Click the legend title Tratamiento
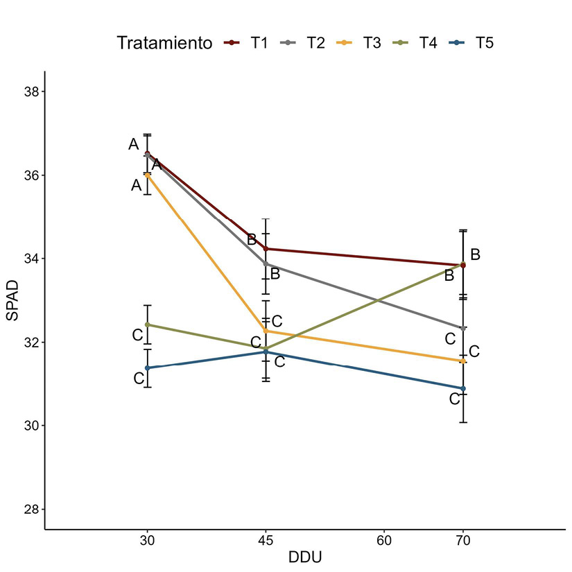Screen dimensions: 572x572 tap(164, 43)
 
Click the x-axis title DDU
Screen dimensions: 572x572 tap(304, 557)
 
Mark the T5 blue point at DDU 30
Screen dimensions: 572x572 tap(147, 368)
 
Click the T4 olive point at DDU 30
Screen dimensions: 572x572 tap(147, 324)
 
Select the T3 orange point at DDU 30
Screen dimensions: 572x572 tap(147, 175)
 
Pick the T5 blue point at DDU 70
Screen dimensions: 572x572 tap(463, 388)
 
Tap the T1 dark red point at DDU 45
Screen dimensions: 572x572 tap(266, 248)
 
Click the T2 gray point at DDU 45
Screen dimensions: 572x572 tap(266, 263)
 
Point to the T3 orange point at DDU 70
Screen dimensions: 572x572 tap(463, 361)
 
